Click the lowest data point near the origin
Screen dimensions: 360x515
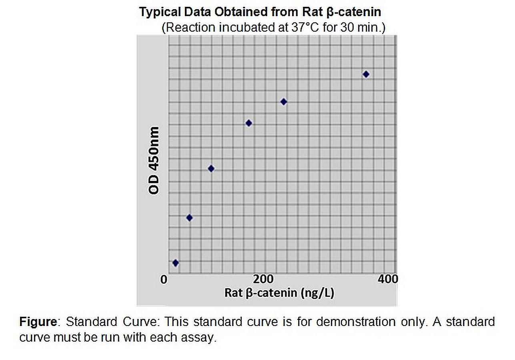coord(175,263)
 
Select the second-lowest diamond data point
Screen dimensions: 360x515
coord(190,218)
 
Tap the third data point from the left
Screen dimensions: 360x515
coord(211,168)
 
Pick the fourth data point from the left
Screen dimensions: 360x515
coord(248,123)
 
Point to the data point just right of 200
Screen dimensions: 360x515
coord(284,102)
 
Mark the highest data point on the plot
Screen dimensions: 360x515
coord(366,74)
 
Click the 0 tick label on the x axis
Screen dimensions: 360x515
coord(164,279)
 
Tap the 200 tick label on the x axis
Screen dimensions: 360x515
coord(264,279)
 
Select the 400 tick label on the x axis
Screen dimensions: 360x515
coord(388,279)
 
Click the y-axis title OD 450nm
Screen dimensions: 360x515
coord(154,160)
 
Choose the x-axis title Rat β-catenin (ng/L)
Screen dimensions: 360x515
coord(279,292)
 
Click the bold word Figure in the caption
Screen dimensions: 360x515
coord(38,322)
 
